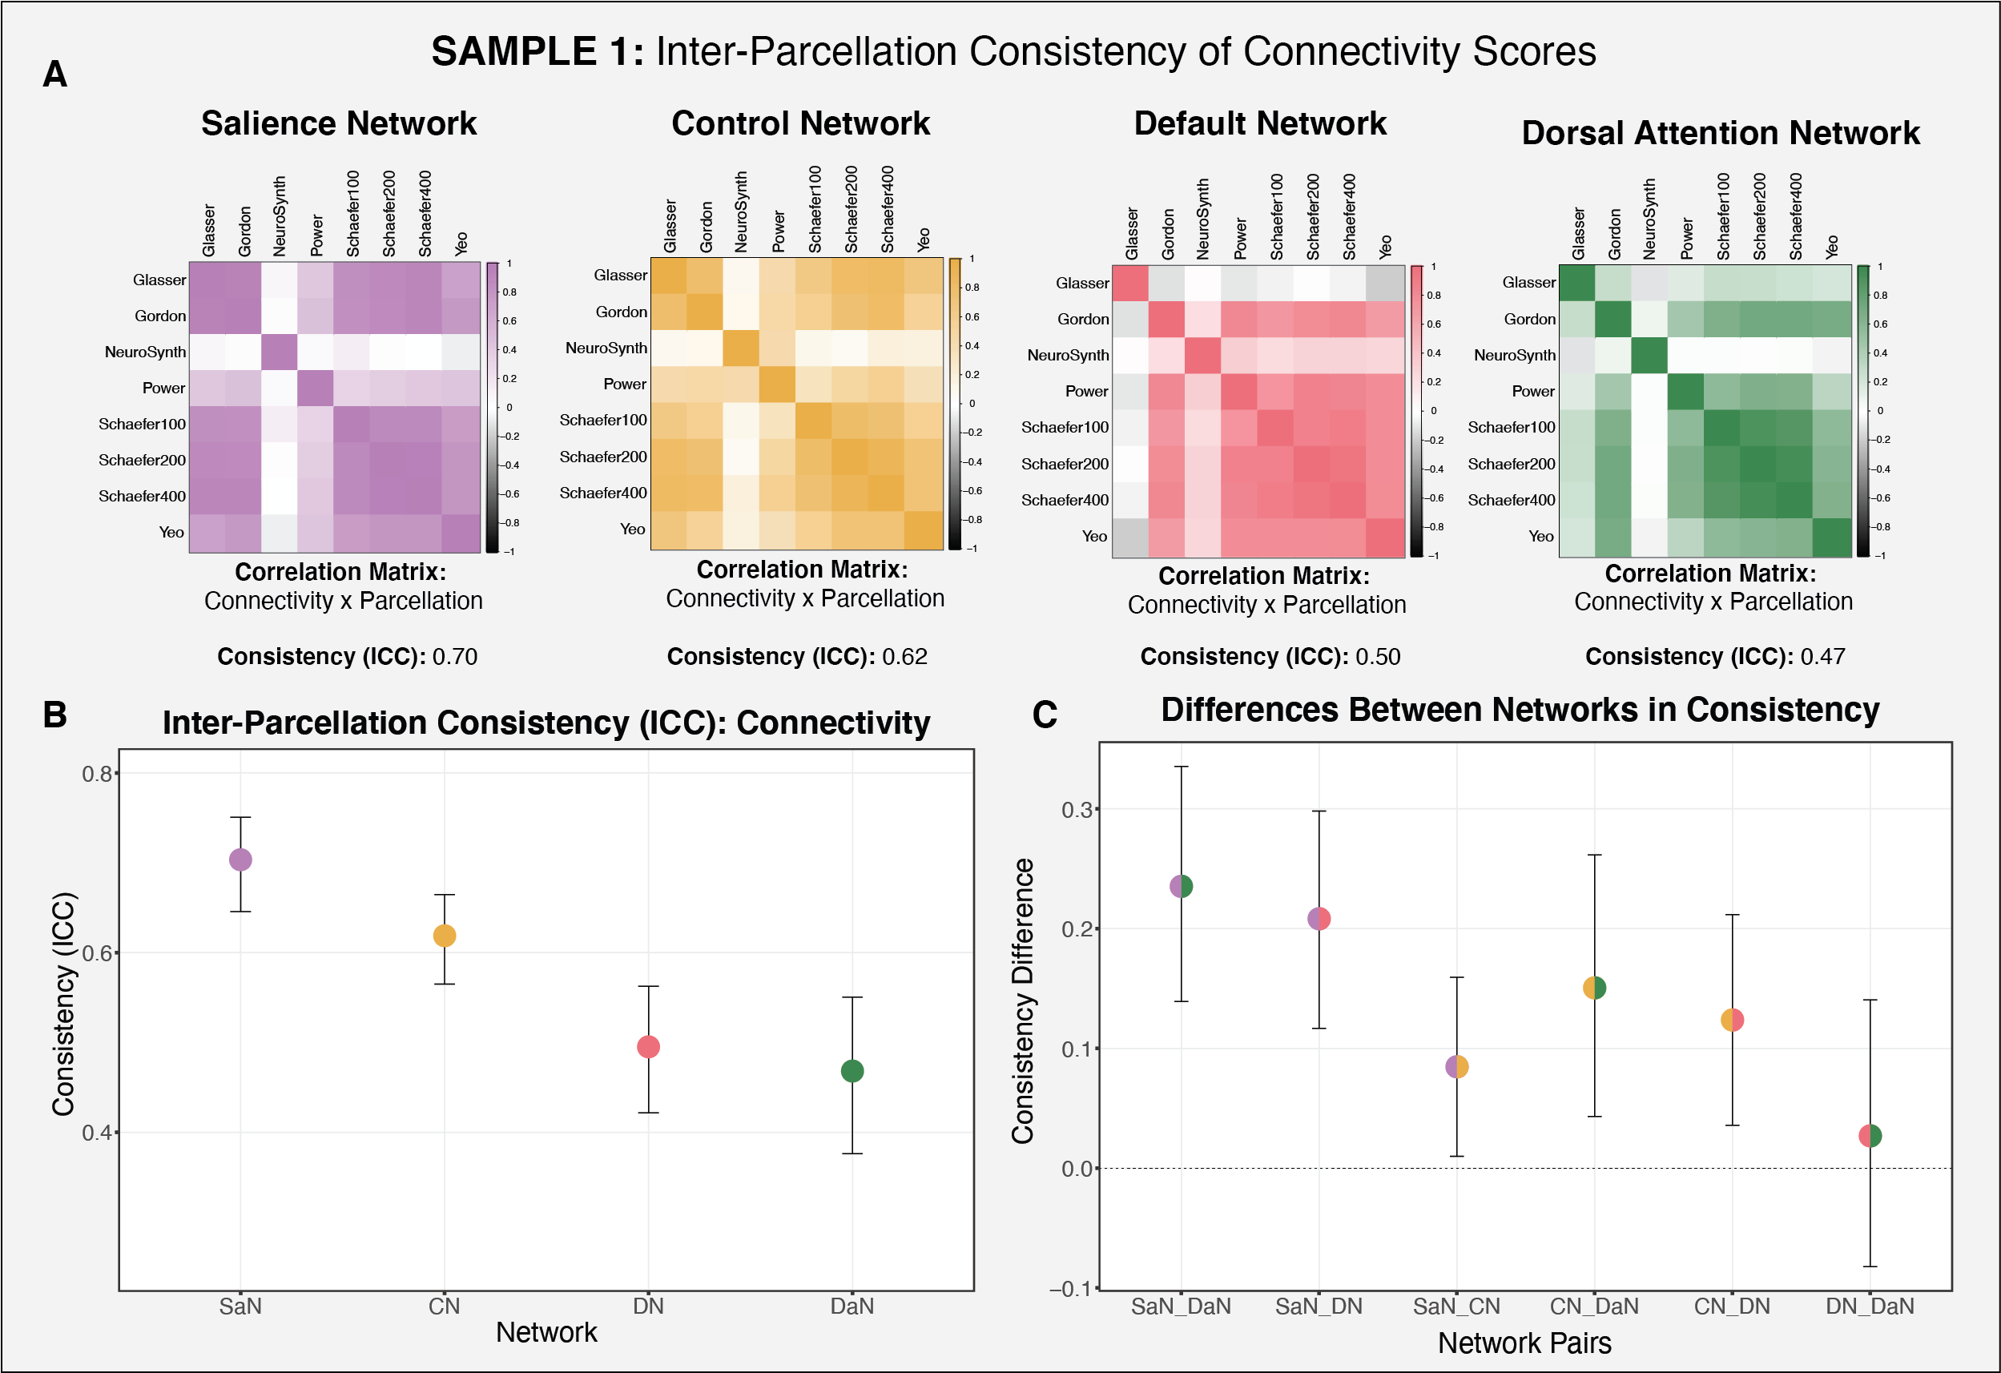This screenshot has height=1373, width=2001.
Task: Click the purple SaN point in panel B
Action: (240, 859)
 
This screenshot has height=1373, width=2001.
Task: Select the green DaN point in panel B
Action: (852, 1071)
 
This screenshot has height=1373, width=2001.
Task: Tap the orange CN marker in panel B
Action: (445, 936)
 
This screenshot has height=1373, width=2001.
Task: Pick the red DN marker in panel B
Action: (648, 1047)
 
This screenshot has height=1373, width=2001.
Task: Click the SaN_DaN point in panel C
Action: (1182, 886)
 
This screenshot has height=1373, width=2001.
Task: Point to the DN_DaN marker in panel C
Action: (1870, 1136)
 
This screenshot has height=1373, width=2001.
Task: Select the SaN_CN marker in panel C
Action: (1457, 1066)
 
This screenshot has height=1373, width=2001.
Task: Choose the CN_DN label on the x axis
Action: (1732, 1307)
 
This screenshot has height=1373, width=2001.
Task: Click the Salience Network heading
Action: (338, 124)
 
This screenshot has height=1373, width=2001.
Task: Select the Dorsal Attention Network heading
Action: (1721, 134)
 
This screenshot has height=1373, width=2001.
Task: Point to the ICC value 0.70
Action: (455, 657)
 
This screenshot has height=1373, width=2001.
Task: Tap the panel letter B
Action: (55, 715)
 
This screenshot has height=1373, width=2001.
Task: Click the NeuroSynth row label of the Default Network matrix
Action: (1068, 356)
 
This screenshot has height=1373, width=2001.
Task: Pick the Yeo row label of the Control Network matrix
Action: (632, 529)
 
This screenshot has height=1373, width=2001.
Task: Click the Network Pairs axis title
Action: (1524, 1343)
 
